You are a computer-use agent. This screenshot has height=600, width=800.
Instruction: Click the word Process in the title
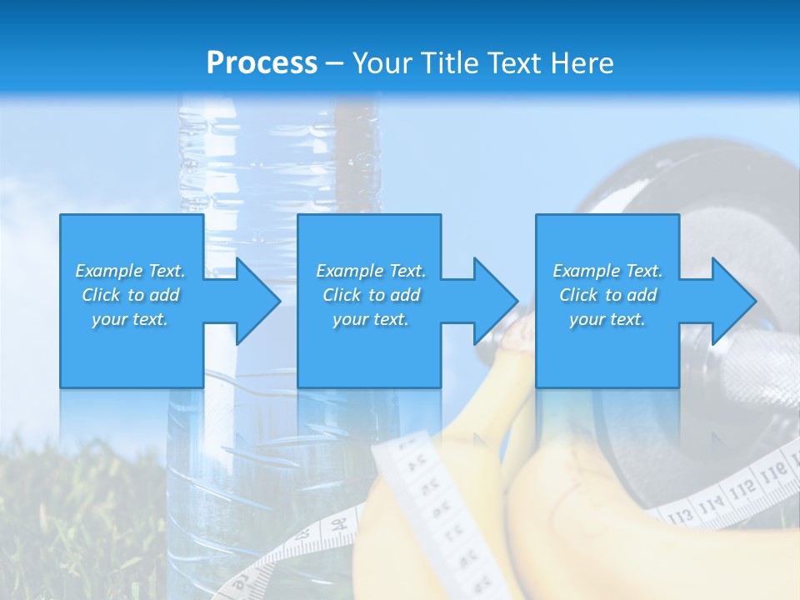[262, 63]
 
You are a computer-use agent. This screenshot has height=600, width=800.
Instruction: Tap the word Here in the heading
[583, 63]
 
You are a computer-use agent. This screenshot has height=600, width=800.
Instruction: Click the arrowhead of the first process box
[259, 301]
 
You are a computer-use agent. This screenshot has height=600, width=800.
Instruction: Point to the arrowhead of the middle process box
[497, 301]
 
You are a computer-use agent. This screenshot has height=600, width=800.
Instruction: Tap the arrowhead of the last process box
[734, 301]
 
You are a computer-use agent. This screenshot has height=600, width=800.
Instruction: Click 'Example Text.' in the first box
[130, 271]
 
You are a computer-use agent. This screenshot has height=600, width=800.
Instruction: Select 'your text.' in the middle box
[371, 319]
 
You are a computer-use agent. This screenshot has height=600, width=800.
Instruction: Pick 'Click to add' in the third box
[607, 295]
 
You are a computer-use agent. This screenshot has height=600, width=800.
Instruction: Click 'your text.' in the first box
[130, 319]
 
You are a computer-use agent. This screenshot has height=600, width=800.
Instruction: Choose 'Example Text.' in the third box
[607, 271]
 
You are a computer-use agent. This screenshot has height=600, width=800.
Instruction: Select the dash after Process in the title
[334, 63]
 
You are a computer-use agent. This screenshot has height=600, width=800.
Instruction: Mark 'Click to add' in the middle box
[371, 295]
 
